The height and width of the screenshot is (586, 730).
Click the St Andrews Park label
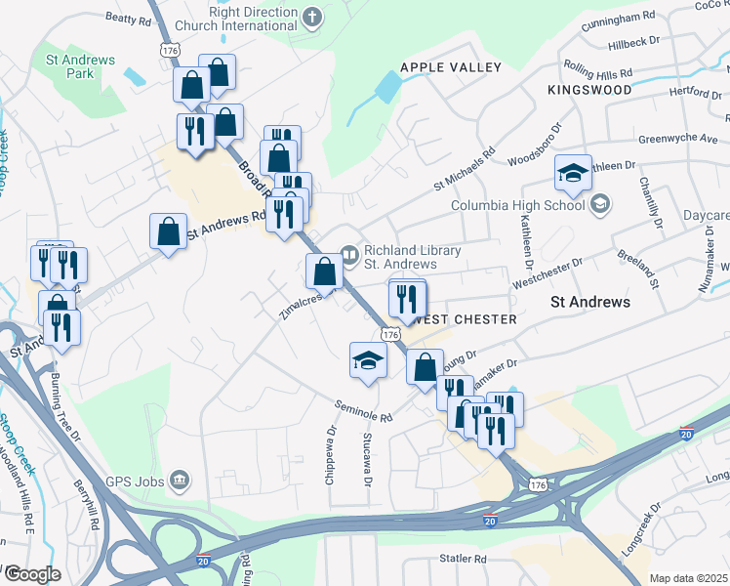(x=81, y=66)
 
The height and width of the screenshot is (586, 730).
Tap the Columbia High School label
(x=517, y=205)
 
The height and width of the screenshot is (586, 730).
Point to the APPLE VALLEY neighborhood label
(x=451, y=67)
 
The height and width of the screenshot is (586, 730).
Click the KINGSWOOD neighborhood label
(x=589, y=89)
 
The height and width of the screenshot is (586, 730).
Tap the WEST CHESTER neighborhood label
(x=465, y=320)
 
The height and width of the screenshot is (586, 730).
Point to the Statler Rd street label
(x=463, y=559)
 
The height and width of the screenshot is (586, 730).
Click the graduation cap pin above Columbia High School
(x=573, y=173)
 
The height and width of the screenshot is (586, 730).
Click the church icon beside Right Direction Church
(x=311, y=16)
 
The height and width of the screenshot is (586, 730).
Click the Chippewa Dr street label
(x=333, y=445)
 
